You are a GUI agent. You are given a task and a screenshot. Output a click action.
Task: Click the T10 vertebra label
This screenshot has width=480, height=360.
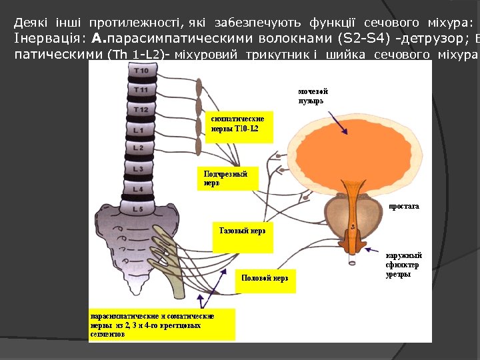pos(141,70)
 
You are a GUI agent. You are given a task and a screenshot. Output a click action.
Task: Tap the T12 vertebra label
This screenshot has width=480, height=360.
pos(141,109)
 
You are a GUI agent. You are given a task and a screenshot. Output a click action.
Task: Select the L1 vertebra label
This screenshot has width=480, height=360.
pos(139,129)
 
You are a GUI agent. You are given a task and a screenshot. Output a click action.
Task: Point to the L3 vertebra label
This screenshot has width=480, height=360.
pos(138,169)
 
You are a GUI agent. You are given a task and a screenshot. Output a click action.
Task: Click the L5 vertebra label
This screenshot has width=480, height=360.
pos(138,209)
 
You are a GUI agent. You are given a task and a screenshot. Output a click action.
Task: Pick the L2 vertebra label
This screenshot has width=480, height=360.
pos(139,147)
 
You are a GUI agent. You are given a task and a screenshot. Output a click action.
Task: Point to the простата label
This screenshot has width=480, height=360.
pos(404,207)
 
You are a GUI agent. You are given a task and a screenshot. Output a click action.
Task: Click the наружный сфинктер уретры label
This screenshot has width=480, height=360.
pos(403,265)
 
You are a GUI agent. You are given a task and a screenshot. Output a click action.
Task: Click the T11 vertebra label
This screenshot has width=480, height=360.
pos(141,89)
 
